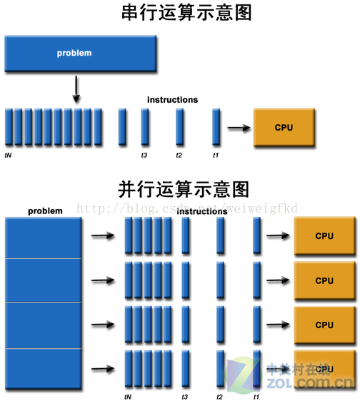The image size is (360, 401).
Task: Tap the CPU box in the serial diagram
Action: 284,128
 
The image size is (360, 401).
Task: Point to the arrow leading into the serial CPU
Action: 239,128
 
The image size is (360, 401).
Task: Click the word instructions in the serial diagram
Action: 172,100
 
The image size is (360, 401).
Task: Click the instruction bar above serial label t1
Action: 216,127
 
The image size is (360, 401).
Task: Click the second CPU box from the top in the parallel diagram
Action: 324,280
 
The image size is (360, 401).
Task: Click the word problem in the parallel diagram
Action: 45,211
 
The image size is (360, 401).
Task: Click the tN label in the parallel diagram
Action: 129,395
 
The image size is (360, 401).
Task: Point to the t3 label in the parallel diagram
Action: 185,395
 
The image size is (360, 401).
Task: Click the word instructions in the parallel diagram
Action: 202,212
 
